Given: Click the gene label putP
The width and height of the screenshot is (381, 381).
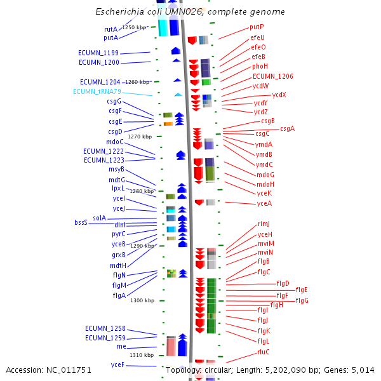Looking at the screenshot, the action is pyautogui.click(x=257, y=27).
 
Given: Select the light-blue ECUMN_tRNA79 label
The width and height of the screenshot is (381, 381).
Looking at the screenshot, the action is pyautogui.click(x=97, y=91).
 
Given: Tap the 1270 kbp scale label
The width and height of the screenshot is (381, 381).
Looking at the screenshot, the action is pyautogui.click(x=140, y=137).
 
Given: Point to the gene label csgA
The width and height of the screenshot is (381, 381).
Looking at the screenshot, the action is pyautogui.click(x=287, y=128).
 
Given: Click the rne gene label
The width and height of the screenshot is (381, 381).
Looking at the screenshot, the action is pyautogui.click(x=121, y=346).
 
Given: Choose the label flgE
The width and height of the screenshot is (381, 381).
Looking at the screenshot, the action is pyautogui.click(x=302, y=290).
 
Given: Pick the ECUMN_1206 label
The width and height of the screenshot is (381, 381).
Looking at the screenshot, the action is pyautogui.click(x=272, y=76).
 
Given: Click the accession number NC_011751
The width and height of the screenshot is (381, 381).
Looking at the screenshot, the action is pyautogui.click(x=69, y=370).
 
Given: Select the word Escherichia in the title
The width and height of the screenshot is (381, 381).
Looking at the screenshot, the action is pyautogui.click(x=119, y=11).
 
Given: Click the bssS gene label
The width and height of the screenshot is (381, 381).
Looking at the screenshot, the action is pyautogui.click(x=81, y=222).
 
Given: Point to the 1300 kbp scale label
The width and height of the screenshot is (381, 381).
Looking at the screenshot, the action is pyautogui.click(x=142, y=300).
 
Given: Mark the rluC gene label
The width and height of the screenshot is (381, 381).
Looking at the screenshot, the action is pyautogui.click(x=264, y=352).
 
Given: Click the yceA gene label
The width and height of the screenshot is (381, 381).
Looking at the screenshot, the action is pyautogui.click(x=264, y=203).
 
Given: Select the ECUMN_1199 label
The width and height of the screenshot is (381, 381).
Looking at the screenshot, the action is pyautogui.click(x=98, y=53).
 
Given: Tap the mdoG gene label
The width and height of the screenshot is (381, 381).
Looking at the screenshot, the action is pyautogui.click(x=265, y=175).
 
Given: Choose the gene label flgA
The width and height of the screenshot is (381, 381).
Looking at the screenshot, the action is pyautogui.click(x=119, y=295).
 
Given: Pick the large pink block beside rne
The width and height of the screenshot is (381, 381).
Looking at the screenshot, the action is pyautogui.click(x=171, y=347).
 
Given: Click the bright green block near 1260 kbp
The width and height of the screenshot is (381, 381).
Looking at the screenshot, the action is pyautogui.click(x=206, y=82).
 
